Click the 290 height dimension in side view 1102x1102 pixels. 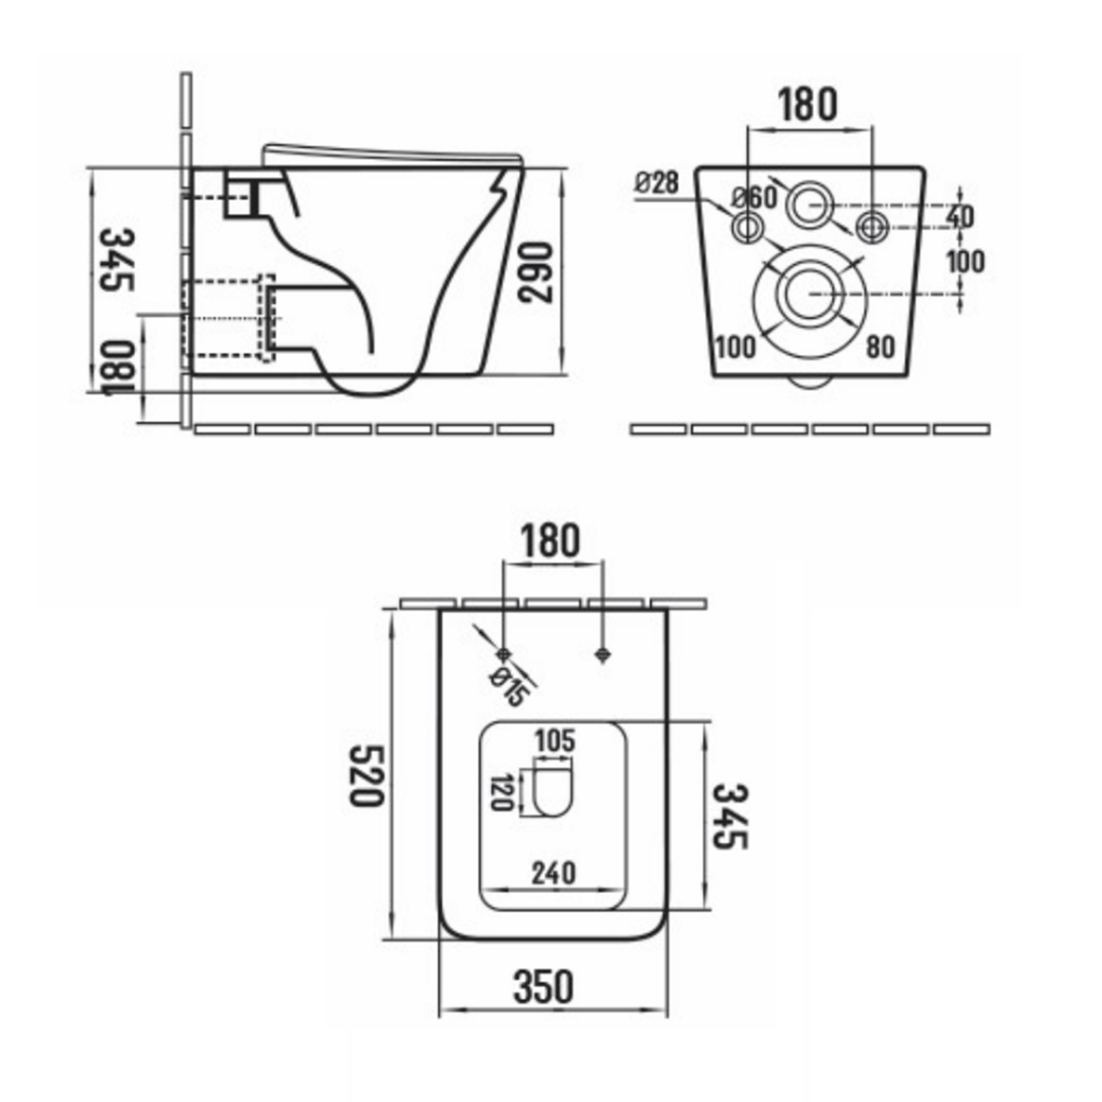click(x=537, y=273)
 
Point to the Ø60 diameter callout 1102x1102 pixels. click(x=755, y=198)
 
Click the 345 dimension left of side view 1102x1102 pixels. click(x=118, y=260)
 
